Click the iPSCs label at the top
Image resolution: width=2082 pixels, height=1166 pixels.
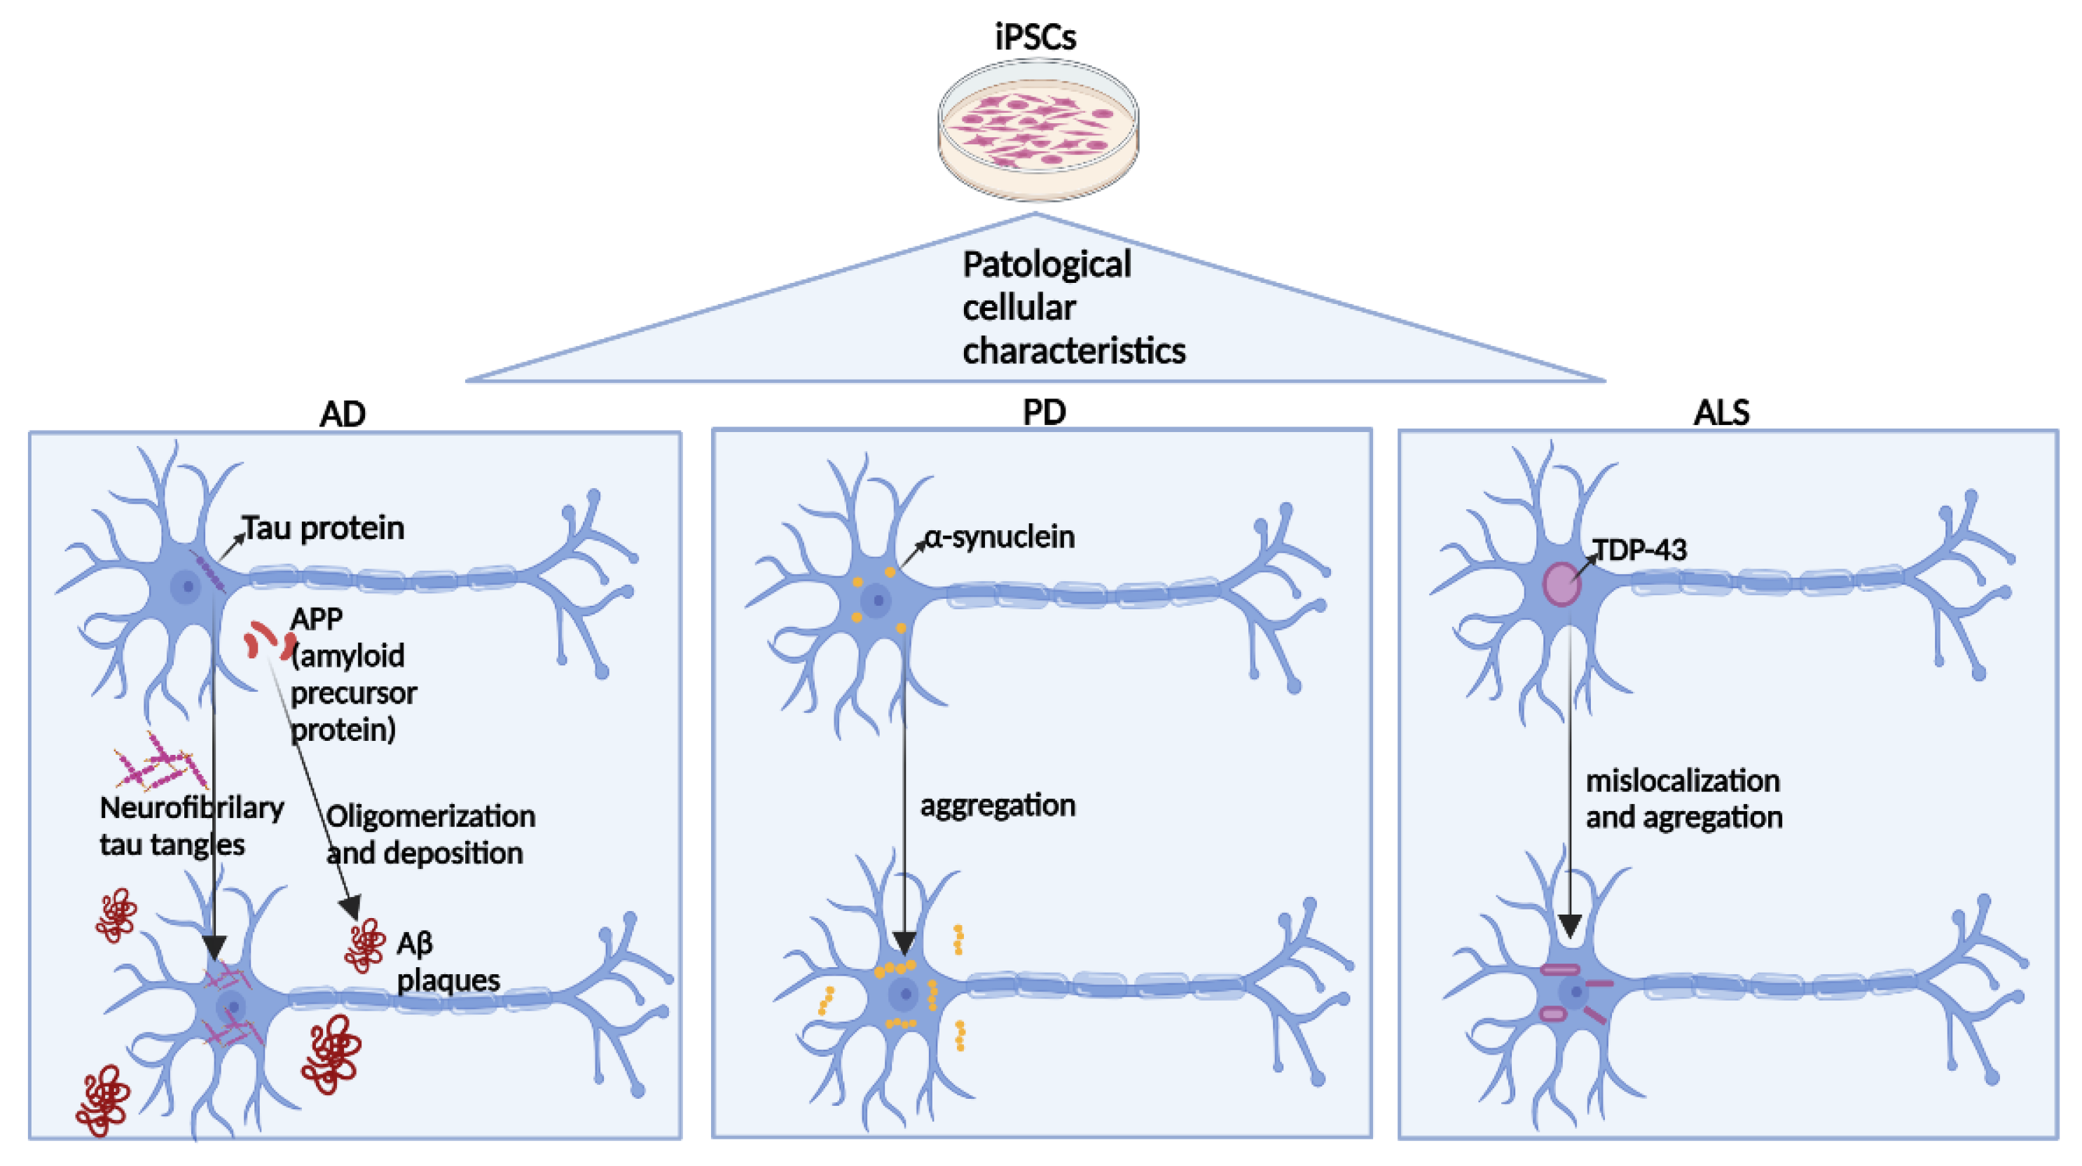coord(1035,37)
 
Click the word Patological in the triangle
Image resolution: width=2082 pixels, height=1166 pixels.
coord(1047,265)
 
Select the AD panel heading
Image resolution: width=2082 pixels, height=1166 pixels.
coord(343,414)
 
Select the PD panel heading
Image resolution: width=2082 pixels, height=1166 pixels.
coord(1045,412)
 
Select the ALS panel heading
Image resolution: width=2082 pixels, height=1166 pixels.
coord(1721,412)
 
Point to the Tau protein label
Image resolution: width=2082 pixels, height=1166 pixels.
coord(323,527)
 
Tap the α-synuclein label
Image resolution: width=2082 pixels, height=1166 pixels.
coord(1000,536)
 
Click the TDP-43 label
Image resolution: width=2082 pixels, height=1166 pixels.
coord(1640,550)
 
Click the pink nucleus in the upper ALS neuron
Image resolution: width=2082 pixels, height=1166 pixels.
coord(1561,584)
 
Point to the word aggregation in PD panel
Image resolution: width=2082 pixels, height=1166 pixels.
coord(998,805)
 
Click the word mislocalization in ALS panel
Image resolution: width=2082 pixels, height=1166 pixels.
coord(1683,781)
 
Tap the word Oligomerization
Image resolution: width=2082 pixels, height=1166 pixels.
coord(431,816)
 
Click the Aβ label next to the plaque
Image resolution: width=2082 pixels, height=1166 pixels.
coord(415,943)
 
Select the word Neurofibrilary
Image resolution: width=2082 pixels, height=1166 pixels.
coord(193,807)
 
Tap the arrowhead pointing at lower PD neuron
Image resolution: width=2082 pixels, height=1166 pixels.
coord(904,942)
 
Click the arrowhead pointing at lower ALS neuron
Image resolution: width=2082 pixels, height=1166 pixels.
coord(1570,925)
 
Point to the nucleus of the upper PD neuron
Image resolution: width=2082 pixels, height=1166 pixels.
coord(877,600)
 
